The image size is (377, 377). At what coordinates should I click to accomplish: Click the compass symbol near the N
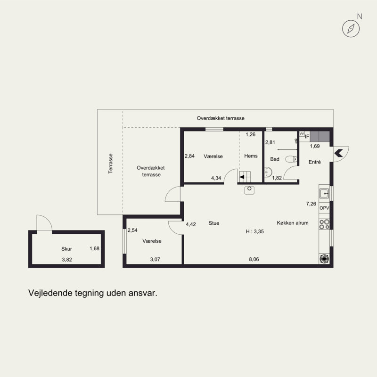[351, 29]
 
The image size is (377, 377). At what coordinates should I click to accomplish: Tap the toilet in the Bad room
[291, 159]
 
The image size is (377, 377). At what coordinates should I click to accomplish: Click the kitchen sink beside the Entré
[324, 193]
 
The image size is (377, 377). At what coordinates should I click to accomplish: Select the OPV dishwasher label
[324, 208]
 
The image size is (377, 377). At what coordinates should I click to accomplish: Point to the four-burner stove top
[324, 224]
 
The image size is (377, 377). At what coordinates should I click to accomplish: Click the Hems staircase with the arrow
[245, 177]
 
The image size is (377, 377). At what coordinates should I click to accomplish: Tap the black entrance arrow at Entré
[338, 153]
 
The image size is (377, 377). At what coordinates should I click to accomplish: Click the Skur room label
[66, 249]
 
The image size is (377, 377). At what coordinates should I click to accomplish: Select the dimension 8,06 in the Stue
[254, 259]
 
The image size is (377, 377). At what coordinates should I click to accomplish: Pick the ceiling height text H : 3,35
[254, 231]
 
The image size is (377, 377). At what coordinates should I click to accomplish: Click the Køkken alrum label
[293, 223]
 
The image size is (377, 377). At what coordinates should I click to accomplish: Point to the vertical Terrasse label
[110, 164]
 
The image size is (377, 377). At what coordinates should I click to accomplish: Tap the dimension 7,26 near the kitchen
[311, 204]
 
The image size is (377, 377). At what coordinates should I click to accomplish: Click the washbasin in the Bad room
[268, 172]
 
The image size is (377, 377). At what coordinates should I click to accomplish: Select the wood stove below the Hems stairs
[249, 190]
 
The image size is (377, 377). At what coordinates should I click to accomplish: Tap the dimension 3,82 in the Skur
[67, 260]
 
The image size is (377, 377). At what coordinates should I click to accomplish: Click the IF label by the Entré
[307, 137]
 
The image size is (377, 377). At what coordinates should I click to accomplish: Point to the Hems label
[251, 156]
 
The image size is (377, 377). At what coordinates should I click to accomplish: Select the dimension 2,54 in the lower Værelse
[132, 230]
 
